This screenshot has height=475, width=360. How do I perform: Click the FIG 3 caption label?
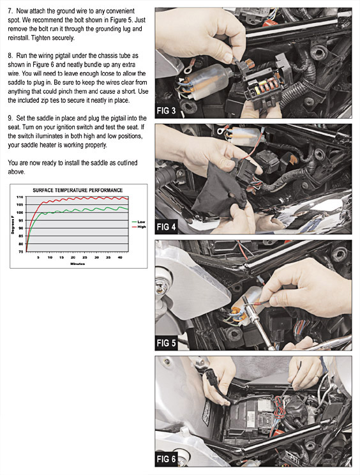click(166, 111)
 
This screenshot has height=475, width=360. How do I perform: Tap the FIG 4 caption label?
click(166, 227)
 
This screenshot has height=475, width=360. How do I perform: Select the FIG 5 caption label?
click(166, 343)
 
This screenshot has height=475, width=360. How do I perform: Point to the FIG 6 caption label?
click(166, 459)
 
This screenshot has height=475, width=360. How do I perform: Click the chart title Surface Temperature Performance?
click(77, 190)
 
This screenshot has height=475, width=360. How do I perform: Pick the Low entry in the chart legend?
click(139, 222)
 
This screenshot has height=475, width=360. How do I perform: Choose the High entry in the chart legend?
click(139, 227)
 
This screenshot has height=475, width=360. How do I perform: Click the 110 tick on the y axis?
click(20, 197)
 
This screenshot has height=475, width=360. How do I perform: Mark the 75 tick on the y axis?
click(20, 252)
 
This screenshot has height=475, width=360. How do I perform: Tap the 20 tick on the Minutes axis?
click(73, 257)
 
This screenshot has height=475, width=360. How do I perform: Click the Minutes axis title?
click(77, 264)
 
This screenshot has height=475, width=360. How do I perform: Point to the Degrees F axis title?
click(13, 225)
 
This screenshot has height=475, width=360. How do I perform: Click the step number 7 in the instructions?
click(10, 11)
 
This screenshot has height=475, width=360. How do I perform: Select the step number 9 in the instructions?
click(10, 118)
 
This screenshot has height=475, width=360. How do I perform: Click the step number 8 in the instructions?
click(10, 56)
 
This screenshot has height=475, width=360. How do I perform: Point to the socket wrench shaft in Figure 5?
click(260, 325)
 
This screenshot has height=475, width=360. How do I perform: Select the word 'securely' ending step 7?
click(63, 38)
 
